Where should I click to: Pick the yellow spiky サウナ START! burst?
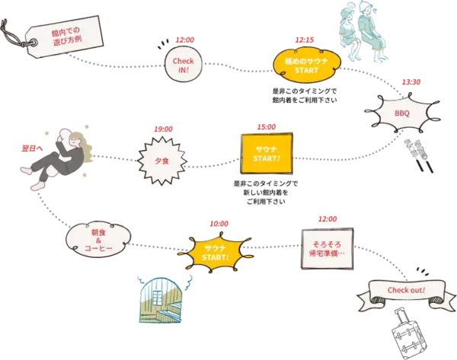[216, 253]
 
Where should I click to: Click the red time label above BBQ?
[411, 82]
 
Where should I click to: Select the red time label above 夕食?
[163, 129]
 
